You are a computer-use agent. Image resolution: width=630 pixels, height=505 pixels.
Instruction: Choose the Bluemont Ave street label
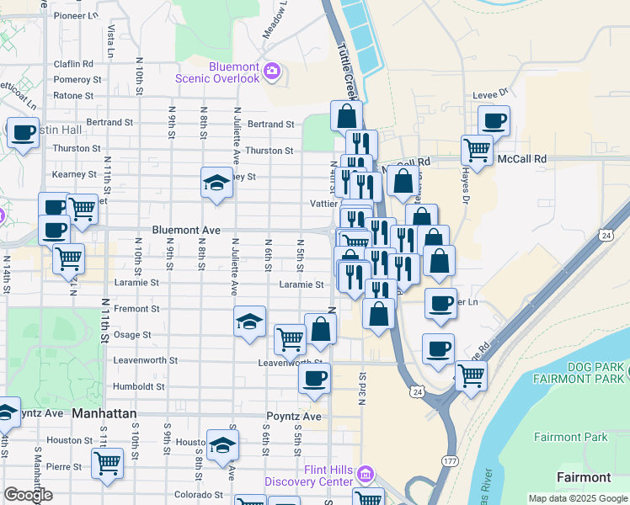(186, 229)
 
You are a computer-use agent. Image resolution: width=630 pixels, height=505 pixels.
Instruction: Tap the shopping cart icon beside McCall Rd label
(477, 150)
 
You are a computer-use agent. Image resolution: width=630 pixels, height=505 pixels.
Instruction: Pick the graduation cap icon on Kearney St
(216, 182)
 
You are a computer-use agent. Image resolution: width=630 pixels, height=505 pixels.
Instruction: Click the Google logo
(28, 495)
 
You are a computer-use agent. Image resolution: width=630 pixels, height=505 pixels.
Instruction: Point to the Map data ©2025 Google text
(577, 498)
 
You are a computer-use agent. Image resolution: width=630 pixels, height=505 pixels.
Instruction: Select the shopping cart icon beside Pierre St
(108, 462)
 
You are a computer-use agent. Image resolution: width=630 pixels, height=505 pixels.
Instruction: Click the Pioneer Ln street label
(76, 15)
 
